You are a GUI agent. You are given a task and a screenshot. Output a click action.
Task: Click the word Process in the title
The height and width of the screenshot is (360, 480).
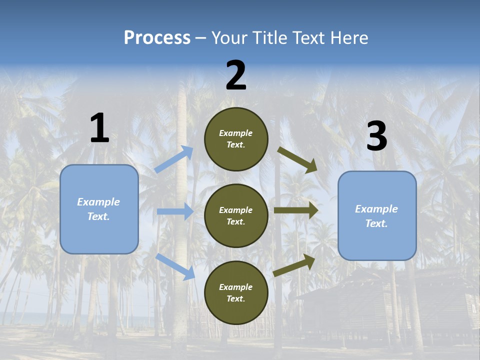[157, 38]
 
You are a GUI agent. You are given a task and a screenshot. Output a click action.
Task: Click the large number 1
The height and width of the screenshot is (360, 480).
[99, 128]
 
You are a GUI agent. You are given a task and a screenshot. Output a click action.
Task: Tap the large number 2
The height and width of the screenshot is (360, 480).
[236, 75]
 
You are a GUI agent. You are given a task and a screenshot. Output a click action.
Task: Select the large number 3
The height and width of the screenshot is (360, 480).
[376, 136]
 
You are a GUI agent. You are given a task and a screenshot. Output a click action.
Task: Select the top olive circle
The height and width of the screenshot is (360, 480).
[236, 139]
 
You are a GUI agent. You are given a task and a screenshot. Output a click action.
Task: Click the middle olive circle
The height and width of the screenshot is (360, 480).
[236, 216]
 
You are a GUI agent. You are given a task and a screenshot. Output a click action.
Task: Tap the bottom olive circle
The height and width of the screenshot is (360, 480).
[236, 292]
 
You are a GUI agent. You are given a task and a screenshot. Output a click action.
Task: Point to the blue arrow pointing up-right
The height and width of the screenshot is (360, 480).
[174, 159]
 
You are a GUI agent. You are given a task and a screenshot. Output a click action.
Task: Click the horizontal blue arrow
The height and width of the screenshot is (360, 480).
[175, 211]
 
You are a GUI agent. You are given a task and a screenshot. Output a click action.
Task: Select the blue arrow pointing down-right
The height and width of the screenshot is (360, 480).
[175, 266]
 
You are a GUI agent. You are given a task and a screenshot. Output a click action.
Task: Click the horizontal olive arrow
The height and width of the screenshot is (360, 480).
[296, 210]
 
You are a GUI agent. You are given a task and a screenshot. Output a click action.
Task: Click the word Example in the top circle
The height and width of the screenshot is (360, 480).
[236, 133]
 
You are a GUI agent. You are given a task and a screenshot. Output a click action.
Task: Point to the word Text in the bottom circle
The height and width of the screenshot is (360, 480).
[235, 298]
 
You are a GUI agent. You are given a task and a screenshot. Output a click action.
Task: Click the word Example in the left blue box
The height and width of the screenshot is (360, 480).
[98, 202]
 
